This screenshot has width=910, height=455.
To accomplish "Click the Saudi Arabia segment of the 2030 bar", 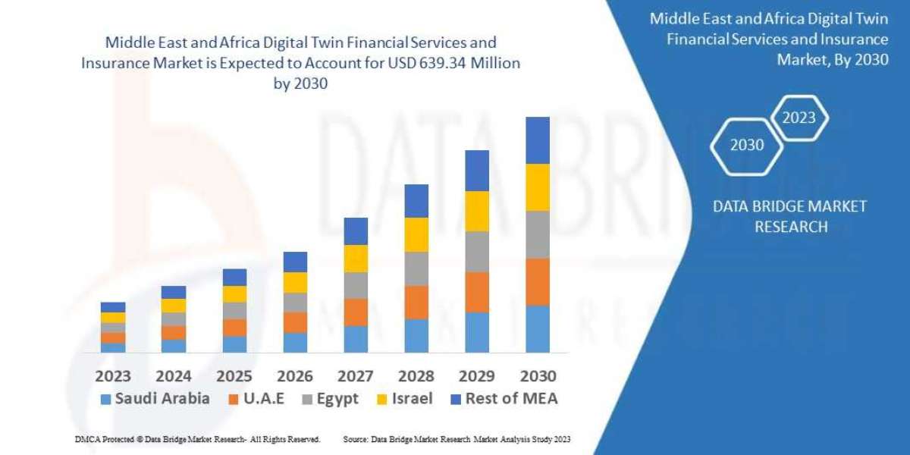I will (x=538, y=329).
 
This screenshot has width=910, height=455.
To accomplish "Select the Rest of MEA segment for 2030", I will (x=538, y=140).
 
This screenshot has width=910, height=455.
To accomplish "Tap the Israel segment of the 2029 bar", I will (x=477, y=211).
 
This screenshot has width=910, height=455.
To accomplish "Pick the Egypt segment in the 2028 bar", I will (x=416, y=268).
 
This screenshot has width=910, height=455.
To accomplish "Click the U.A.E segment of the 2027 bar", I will (x=356, y=312).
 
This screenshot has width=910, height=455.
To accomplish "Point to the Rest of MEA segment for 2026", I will (x=295, y=262).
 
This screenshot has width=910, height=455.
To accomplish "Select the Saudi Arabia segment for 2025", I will (x=234, y=344).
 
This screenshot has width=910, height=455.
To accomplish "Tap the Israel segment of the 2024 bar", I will (x=174, y=306).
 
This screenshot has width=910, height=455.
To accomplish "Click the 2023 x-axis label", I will (x=113, y=376).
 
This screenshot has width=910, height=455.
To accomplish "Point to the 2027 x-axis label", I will (x=356, y=376).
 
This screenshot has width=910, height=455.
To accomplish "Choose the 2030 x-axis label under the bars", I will (x=538, y=376).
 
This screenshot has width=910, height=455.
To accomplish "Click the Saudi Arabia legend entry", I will (x=155, y=399).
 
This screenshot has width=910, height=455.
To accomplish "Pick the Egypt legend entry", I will (x=329, y=399).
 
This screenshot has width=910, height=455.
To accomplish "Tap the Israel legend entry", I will (x=405, y=399).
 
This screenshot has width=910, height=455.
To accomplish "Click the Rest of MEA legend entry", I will (x=504, y=399).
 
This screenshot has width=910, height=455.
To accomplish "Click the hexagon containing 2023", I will (x=799, y=118).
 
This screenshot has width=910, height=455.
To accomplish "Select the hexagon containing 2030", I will (x=747, y=146).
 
